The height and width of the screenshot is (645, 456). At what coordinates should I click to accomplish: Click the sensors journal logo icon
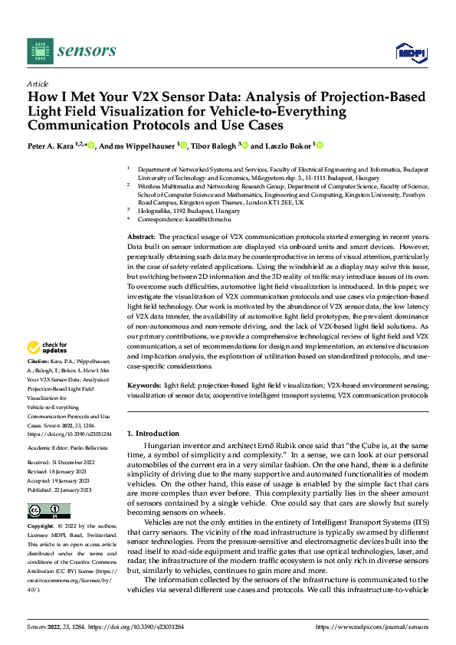pyautogui.click(x=39, y=51)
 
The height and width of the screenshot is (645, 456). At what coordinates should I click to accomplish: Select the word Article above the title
pyautogui.click(x=38, y=83)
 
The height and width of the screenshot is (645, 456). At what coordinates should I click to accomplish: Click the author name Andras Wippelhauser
pyautogui.click(x=136, y=146)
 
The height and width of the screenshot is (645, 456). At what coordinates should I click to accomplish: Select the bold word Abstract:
pyautogui.click(x=140, y=239)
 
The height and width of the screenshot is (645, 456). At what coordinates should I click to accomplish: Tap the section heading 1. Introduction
pyautogui.click(x=153, y=433)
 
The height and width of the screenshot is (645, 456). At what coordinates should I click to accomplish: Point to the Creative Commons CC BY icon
pyautogui.click(x=48, y=511)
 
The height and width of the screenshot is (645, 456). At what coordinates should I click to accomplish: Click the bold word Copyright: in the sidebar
pyautogui.click(x=41, y=527)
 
